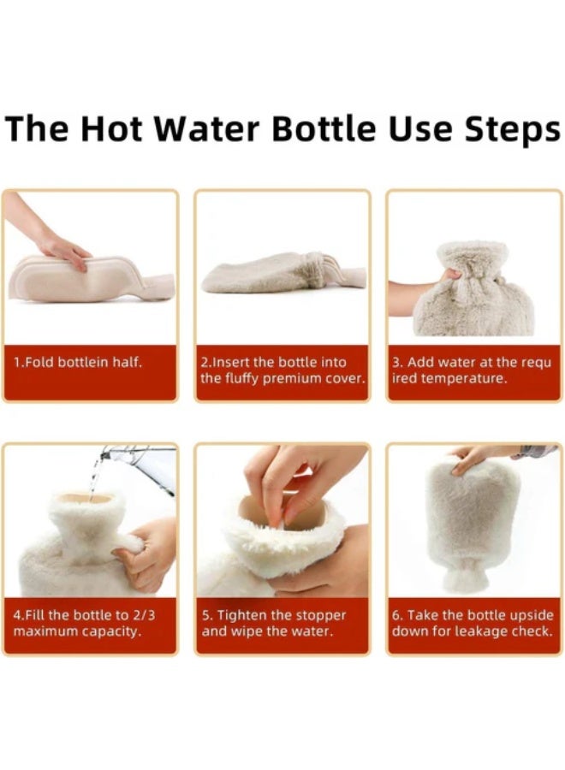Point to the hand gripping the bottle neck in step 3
coord(419,291)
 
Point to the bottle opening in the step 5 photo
coord(282,513)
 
